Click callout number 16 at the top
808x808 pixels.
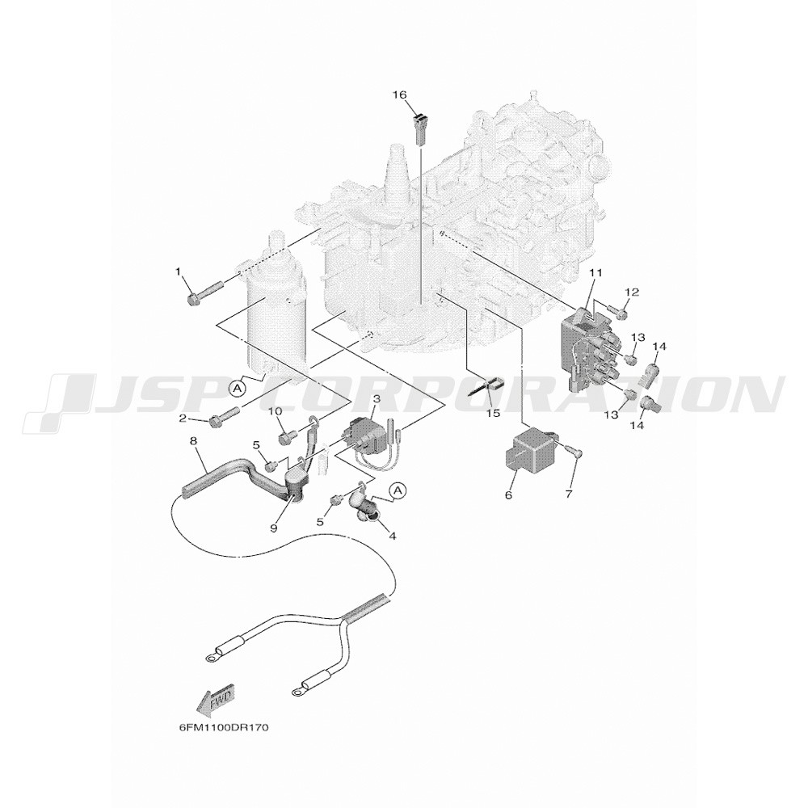click(x=399, y=95)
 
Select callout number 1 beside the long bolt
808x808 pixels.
click(x=179, y=272)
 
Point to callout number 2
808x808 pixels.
click(x=183, y=418)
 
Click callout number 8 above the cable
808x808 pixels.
click(x=193, y=441)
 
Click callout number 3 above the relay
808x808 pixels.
click(x=377, y=399)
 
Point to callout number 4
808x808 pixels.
click(x=393, y=535)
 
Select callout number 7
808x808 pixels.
click(x=569, y=494)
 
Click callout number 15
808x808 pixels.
click(x=494, y=413)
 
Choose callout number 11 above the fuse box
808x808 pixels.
click(x=595, y=274)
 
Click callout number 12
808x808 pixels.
click(x=632, y=292)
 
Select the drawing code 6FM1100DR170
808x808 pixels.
click(x=223, y=728)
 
